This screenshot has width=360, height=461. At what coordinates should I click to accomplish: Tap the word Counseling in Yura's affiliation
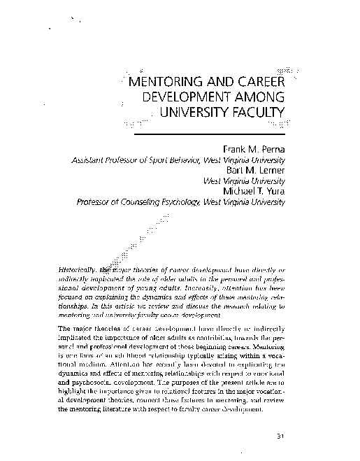point(141,201)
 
